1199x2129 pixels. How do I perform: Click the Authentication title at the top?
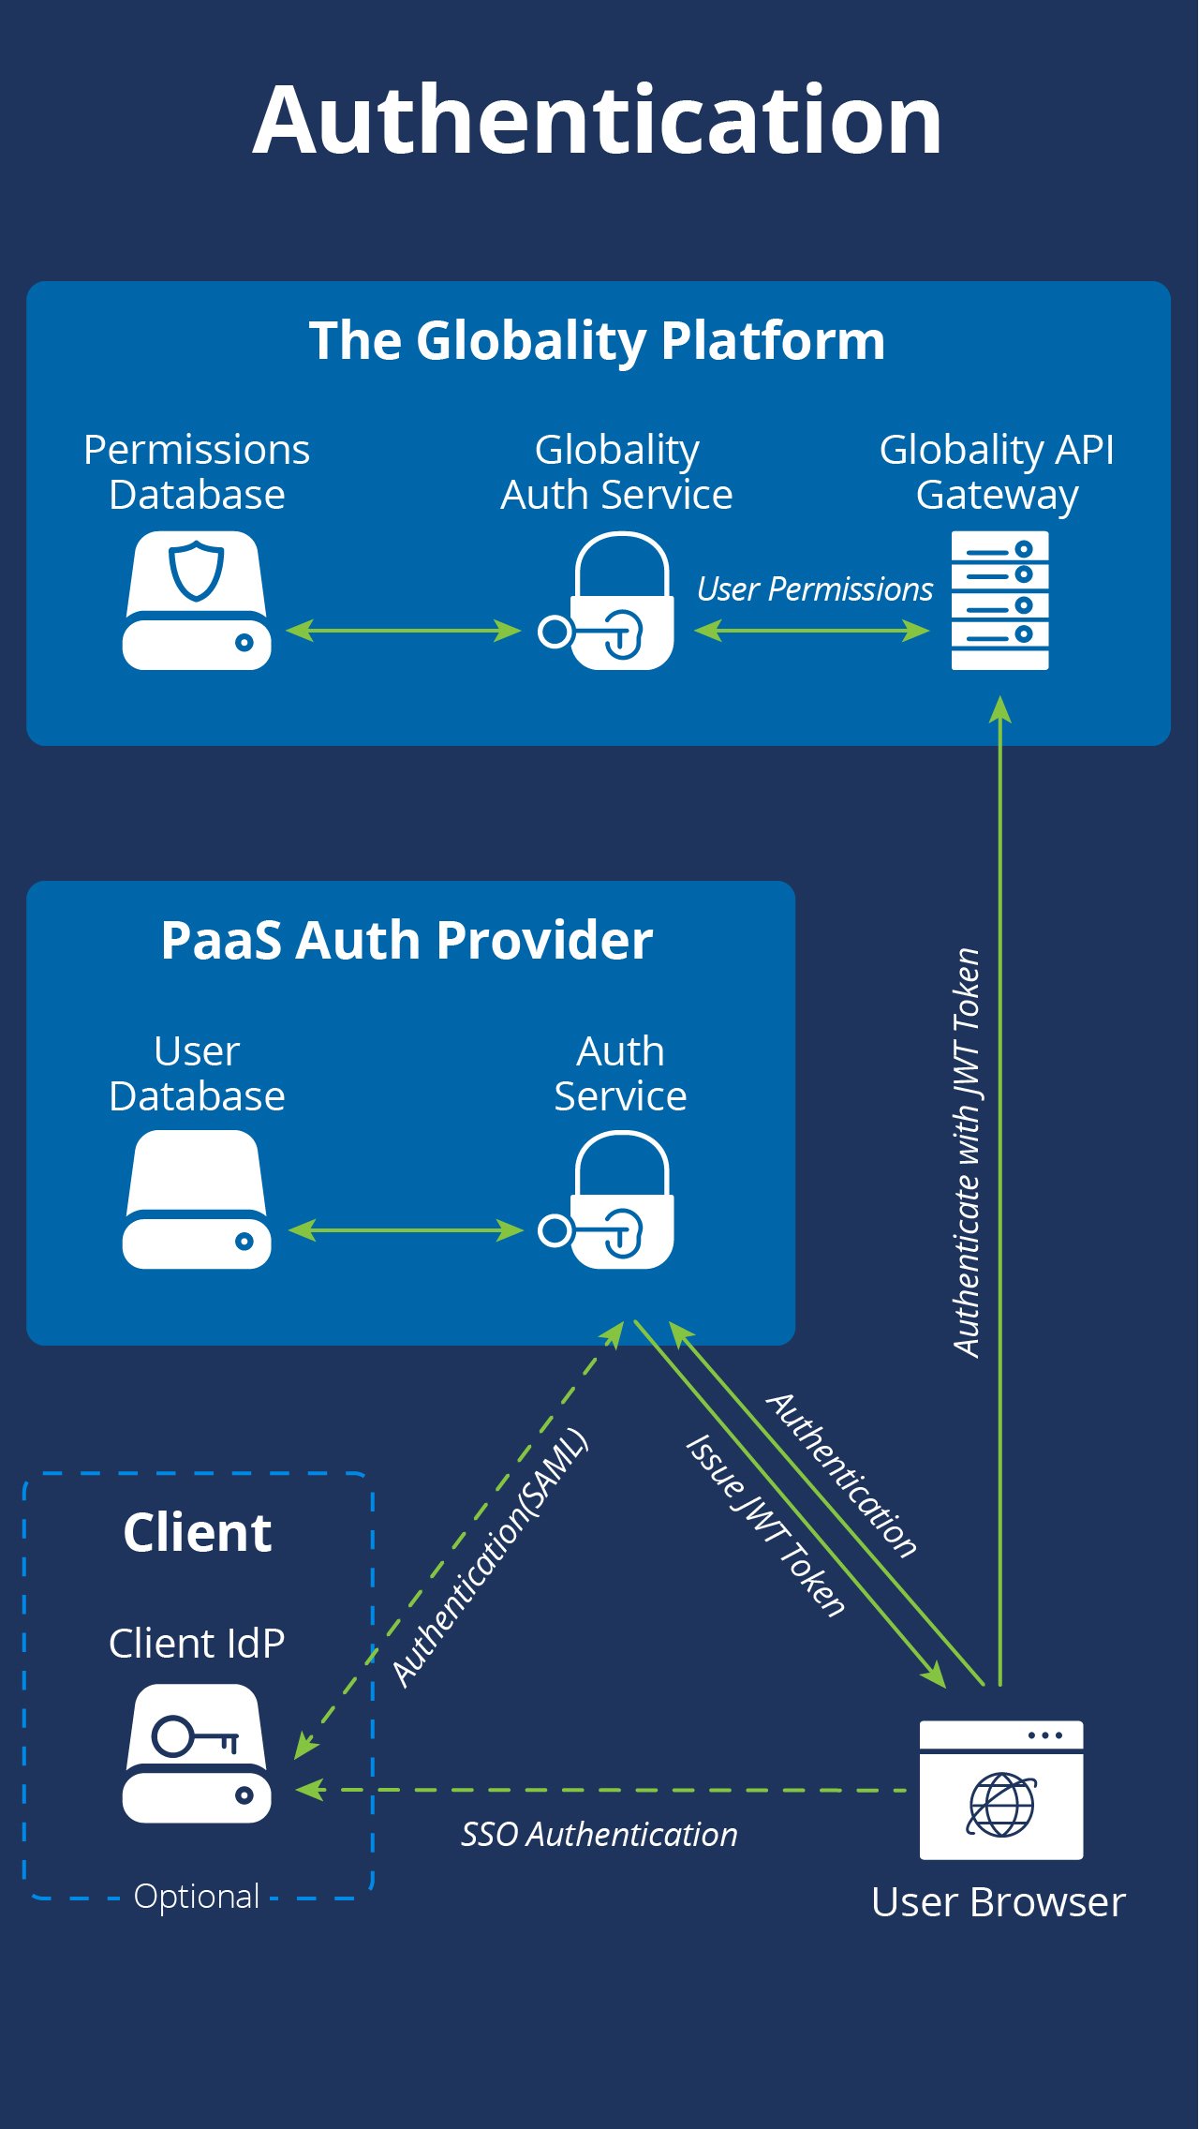point(598,122)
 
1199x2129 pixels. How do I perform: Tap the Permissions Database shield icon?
point(197,601)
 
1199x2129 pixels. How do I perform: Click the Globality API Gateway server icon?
point(999,601)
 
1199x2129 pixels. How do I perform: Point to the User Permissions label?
point(815,589)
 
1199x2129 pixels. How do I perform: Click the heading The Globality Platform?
point(598,340)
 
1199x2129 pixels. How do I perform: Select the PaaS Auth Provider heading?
point(407,940)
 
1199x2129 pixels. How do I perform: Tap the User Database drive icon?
point(197,1199)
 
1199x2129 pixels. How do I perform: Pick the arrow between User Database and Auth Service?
point(406,1230)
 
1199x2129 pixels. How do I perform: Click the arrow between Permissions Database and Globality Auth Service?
point(403,631)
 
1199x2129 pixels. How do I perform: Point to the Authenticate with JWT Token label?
point(967,1153)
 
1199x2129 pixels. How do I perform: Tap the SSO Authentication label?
point(599,1834)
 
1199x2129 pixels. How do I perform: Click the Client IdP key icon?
point(197,1753)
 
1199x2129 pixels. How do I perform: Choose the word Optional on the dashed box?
point(197,1896)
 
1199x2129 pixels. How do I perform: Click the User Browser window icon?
point(1001,1790)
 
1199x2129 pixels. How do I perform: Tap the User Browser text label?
point(999,1903)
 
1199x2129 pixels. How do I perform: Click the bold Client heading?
point(198,1533)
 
